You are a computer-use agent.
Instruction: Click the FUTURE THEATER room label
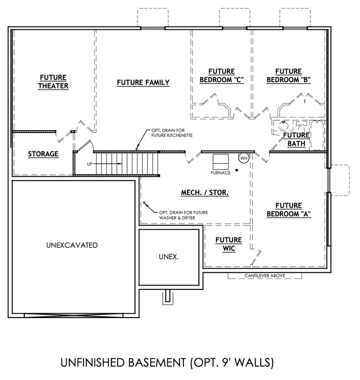click(x=54, y=82)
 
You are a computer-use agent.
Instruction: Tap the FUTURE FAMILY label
click(x=143, y=82)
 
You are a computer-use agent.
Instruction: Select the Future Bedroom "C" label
click(x=222, y=75)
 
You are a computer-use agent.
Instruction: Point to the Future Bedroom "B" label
click(x=288, y=75)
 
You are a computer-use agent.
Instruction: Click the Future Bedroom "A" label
click(x=288, y=209)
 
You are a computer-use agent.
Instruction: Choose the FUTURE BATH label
click(x=296, y=139)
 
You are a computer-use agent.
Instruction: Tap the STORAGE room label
click(x=43, y=154)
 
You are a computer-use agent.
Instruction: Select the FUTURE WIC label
click(x=228, y=244)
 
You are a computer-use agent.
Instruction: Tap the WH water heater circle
click(x=243, y=158)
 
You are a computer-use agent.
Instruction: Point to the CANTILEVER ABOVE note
click(x=265, y=276)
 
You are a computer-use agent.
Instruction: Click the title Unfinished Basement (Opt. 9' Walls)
click(x=167, y=362)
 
